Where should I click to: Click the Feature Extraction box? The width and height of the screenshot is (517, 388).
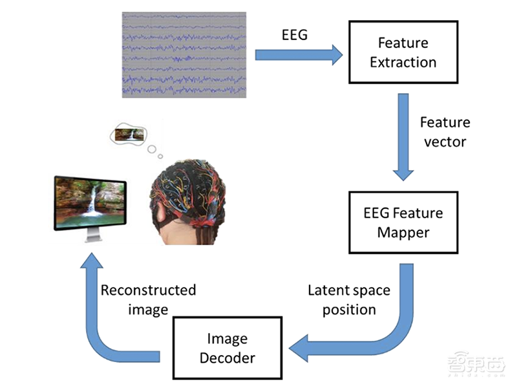[x=403, y=52]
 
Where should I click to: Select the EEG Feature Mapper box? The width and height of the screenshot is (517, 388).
[x=403, y=221]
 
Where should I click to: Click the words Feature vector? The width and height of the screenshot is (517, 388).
[x=445, y=132]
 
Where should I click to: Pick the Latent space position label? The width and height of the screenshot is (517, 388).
[x=348, y=299]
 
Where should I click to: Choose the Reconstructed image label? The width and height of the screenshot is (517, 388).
[x=148, y=299]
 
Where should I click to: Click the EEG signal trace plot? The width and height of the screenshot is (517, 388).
[x=184, y=54]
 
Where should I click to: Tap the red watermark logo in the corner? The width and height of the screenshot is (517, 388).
[x=479, y=365]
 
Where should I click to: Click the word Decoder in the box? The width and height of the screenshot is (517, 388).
[x=227, y=358]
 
